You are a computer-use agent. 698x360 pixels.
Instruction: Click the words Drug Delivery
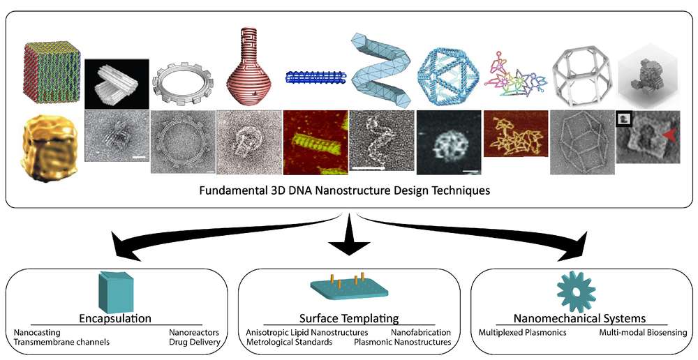pos(195,342)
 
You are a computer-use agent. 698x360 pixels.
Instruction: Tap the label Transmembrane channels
pos(62,342)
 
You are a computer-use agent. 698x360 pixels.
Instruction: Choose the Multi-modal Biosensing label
pos(642,332)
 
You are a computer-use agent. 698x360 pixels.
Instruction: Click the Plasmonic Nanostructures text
pos(403,342)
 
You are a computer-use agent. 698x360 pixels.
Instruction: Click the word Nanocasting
pos(37,332)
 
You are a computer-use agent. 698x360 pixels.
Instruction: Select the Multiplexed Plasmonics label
pos(522,332)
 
